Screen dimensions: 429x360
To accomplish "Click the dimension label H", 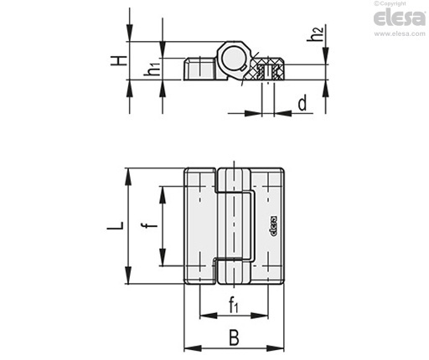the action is pyautogui.click(x=118, y=60).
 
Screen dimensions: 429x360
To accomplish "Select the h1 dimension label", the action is pyautogui.click(x=152, y=69).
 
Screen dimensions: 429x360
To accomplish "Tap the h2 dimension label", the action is pyautogui.click(x=315, y=33).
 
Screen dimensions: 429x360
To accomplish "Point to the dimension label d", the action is pyautogui.click(x=302, y=103).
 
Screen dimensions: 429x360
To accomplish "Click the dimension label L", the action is pyautogui.click(x=115, y=225).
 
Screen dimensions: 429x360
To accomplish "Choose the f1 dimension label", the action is pyautogui.click(x=234, y=305).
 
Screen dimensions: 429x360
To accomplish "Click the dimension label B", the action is pyautogui.click(x=234, y=337).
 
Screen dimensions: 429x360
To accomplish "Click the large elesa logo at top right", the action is pyautogui.click(x=400, y=18).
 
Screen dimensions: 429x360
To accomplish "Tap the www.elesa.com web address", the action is pyautogui.click(x=400, y=33).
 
